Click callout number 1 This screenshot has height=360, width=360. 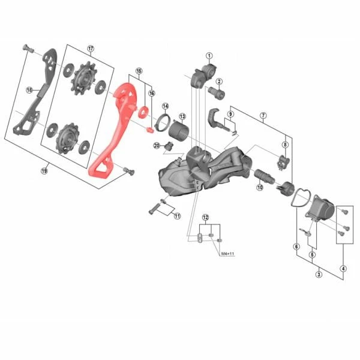(x=209, y=56)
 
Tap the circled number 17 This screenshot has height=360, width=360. (x=91, y=49)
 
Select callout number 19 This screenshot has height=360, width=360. (x=44, y=171)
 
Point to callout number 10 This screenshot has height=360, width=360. (x=260, y=187)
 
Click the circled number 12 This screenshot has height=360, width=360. (x=205, y=217)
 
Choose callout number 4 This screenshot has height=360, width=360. (x=343, y=268)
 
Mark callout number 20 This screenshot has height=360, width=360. (x=156, y=145)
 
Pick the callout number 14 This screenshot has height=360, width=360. (x=165, y=106)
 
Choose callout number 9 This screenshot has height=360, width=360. (x=230, y=114)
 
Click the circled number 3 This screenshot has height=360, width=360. (x=319, y=274)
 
